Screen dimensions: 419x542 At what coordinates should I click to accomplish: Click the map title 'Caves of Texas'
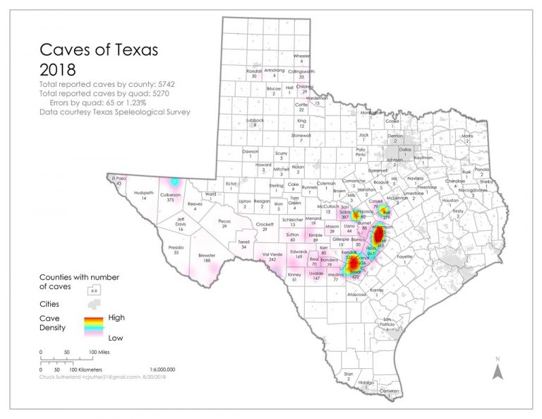98,51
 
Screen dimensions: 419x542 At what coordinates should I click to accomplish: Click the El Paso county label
117,179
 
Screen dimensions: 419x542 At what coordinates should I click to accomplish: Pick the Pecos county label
224,221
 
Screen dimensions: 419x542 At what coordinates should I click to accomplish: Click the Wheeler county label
301,56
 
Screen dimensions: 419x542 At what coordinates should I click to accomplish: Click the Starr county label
348,374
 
